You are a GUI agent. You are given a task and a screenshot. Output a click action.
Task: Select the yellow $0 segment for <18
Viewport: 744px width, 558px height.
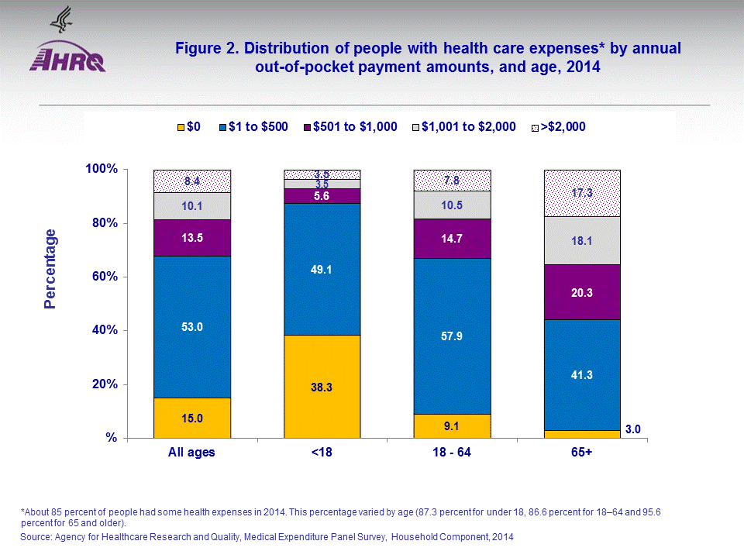322,386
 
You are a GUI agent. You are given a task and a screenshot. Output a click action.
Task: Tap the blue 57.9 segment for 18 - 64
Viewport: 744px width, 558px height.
453,336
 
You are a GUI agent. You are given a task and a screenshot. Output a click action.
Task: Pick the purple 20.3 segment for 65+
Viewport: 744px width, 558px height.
583,291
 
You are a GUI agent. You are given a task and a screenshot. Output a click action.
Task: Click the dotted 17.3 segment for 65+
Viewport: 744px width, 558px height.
583,193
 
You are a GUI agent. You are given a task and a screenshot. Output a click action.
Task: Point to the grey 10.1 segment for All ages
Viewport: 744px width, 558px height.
192,206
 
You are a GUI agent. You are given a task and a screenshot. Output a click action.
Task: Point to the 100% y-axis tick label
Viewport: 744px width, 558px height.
100,169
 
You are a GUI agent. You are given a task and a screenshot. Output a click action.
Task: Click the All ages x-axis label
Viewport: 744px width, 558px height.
192,452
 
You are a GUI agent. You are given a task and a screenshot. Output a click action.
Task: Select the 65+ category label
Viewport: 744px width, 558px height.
582,452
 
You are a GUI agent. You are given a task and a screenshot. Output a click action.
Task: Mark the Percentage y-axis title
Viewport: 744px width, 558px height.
50,269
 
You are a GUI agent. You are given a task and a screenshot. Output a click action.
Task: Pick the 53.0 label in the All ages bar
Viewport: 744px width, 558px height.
192,326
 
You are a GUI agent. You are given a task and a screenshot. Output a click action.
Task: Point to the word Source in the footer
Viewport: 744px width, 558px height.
36,536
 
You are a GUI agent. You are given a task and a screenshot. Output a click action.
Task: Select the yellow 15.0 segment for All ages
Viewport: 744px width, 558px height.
192,418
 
